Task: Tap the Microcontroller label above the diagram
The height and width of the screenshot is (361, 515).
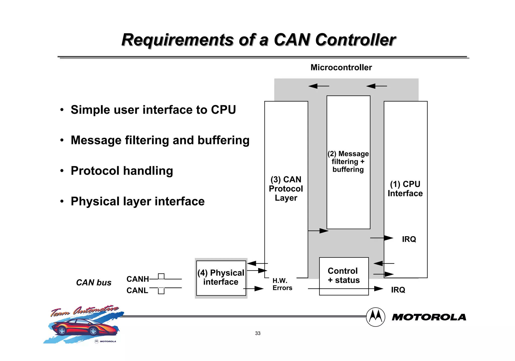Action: pos(341,67)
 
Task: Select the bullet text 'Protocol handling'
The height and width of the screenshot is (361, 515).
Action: pos(122,171)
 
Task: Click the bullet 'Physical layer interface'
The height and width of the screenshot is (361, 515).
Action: pos(138,201)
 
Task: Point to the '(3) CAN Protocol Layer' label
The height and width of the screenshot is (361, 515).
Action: pos(286,189)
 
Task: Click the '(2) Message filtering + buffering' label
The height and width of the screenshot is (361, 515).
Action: pos(348,162)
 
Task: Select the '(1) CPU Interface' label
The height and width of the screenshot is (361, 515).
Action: pos(405,189)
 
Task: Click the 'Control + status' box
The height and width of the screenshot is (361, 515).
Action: pos(344,276)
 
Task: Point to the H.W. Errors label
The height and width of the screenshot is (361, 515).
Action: pos(282,284)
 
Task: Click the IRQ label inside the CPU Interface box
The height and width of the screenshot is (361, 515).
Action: pos(409,239)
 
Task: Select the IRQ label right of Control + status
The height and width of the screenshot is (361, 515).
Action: pos(398,290)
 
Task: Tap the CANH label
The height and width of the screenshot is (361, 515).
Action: pos(138,279)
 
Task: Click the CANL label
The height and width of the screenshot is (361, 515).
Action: pos(137,291)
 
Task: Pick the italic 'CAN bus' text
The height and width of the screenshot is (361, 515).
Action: pos(94,283)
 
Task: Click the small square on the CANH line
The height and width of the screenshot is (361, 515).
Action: pos(161,276)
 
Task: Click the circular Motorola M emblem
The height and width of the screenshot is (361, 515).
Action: pos(375,317)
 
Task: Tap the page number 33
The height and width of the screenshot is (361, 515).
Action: pos(258,333)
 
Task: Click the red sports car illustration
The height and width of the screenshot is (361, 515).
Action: pos(84,327)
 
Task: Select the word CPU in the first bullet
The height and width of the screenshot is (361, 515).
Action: pos(223,110)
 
